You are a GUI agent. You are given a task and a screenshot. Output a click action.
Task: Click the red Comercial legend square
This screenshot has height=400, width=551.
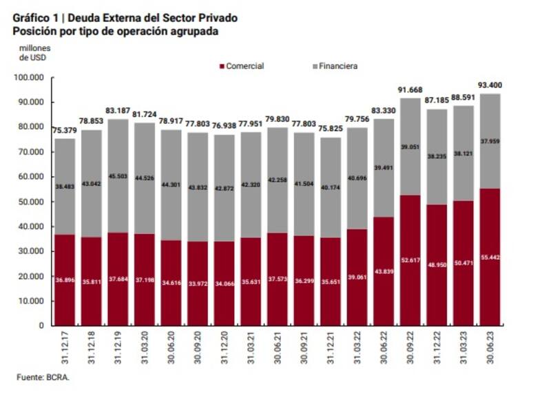tap(222, 66)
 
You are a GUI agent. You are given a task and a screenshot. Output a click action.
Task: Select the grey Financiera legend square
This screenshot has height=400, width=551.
tap(314, 66)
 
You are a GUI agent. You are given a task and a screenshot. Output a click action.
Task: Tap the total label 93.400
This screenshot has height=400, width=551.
tap(490, 85)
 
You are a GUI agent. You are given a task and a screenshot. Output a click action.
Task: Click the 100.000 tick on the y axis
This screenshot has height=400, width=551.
tap(28, 77)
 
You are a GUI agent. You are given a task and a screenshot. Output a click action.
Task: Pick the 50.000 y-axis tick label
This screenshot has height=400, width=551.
tap(30, 202)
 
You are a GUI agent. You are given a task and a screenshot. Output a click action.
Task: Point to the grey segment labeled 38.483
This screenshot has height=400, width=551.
tap(65, 186)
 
